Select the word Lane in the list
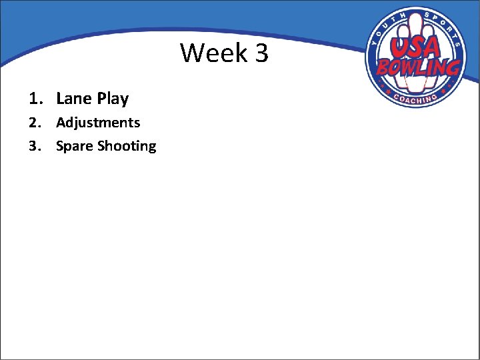73,99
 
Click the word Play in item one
113,99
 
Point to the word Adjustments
98,123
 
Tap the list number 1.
33,99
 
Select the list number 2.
33,123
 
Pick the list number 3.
33,146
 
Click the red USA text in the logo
414,47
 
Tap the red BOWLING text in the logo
418,67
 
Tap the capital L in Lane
60,99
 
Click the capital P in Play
102,99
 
